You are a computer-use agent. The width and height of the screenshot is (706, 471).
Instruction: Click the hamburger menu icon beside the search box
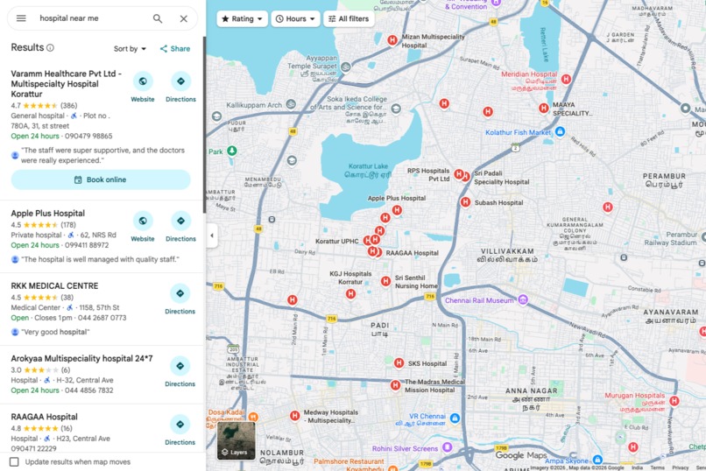coord(21,18)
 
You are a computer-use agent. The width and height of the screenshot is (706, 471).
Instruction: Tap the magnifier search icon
coord(158,18)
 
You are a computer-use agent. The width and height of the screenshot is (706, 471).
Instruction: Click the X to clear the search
coord(183,18)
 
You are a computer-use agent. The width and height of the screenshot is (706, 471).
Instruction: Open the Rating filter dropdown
coord(242,18)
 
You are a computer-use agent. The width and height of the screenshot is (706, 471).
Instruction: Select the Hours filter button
coord(295,18)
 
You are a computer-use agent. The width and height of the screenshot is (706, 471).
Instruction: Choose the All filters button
coord(349,18)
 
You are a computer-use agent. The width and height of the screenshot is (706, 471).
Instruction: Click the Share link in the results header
coord(175,49)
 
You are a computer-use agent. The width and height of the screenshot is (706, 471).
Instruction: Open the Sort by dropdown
coord(131,49)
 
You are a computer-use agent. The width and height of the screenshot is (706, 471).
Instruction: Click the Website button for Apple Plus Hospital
coord(143,225)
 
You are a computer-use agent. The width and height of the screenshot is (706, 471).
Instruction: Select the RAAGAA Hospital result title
coord(44,417)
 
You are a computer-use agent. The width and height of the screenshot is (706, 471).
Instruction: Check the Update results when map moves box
coord(14,461)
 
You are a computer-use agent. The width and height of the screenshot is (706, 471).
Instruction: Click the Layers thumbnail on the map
coord(237,440)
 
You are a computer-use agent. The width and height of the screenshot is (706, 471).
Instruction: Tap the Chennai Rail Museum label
coord(478,300)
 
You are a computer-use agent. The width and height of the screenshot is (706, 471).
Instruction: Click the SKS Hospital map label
coord(427,363)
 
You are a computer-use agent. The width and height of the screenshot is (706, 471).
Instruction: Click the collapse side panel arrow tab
coord(212,235)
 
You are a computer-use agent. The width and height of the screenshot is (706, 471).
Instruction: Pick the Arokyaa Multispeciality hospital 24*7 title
coord(81,359)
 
